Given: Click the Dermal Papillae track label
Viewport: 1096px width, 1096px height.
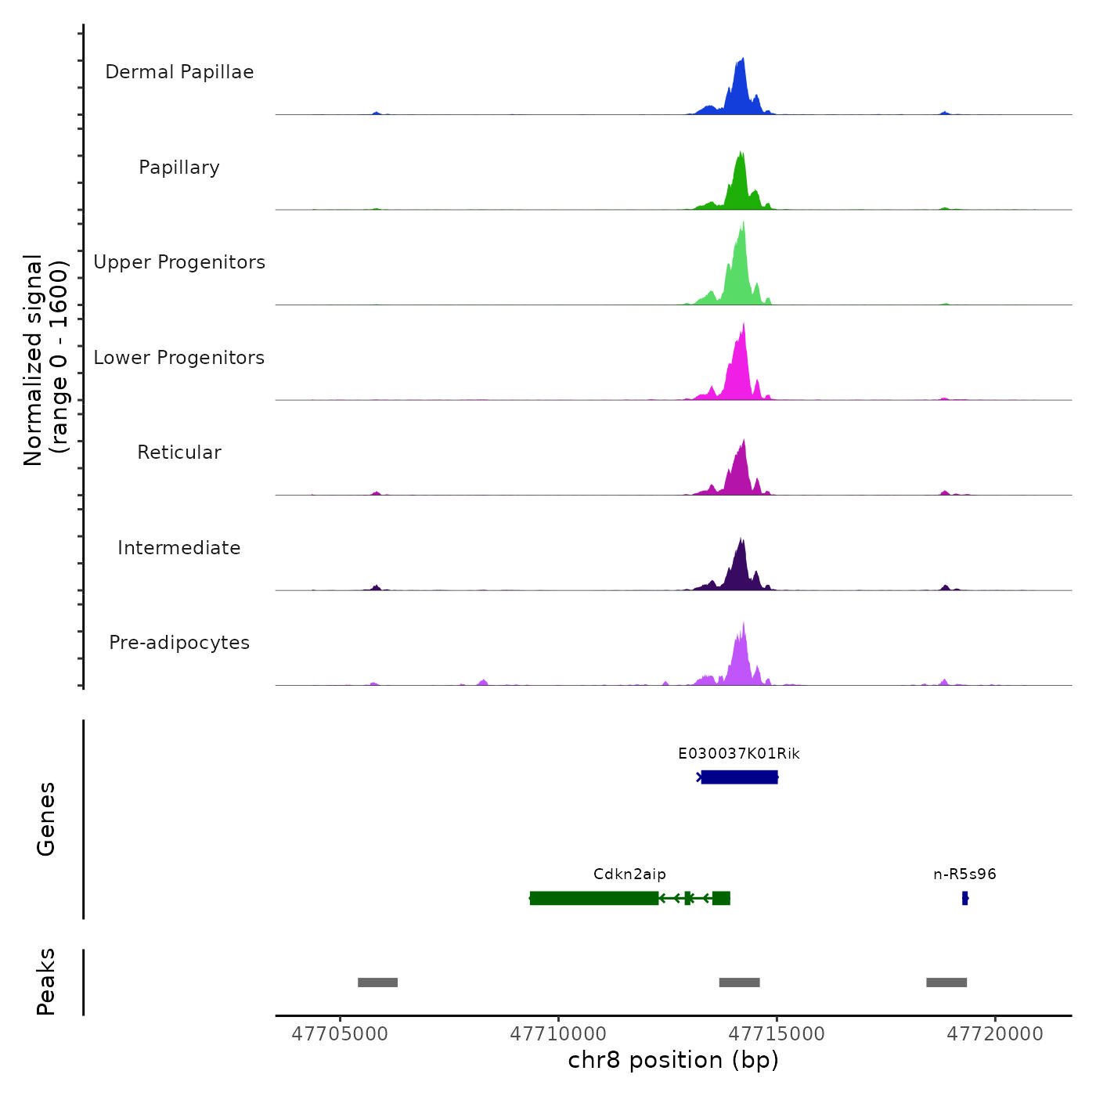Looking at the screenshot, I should (179, 72).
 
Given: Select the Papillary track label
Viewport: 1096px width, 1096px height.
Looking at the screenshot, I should (179, 168).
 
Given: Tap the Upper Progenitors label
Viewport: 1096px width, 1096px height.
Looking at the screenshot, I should (179, 262).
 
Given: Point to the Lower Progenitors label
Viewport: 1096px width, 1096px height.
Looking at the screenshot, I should (179, 358).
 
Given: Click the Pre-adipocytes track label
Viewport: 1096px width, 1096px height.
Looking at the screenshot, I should (179, 643).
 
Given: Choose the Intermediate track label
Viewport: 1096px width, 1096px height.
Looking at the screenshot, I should (179, 548).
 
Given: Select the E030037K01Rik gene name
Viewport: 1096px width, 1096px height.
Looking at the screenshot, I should (738, 754).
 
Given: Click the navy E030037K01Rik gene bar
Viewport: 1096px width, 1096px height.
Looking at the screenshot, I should (739, 777).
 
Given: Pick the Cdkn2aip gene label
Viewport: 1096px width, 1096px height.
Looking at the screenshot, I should (629, 874).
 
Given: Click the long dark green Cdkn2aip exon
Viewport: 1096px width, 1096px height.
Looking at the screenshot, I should (594, 898).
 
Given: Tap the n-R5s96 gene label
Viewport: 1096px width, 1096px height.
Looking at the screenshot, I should (964, 874).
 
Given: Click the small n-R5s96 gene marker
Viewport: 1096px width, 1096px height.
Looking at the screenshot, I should (965, 898).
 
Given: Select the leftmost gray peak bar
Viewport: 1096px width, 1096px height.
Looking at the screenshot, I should (377, 982).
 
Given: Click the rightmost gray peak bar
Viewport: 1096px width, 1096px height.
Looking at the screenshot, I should (946, 982).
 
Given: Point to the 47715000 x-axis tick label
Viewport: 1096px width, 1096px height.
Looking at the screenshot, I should (777, 1034).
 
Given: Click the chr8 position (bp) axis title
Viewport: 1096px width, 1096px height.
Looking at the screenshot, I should (673, 1060).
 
